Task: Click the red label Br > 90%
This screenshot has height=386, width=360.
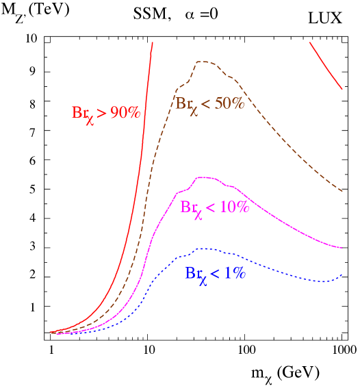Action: point(105,114)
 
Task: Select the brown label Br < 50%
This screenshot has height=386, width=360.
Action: point(209,105)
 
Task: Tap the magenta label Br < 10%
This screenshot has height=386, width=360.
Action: point(214,208)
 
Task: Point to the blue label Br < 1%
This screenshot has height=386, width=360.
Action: point(215,274)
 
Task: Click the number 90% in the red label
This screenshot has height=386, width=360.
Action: point(125,113)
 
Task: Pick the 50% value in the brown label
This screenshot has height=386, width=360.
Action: point(229,103)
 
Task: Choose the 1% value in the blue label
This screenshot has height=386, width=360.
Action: point(233,273)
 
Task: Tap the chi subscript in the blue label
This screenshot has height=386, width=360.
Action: point(203,279)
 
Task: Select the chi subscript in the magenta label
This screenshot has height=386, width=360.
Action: point(198,214)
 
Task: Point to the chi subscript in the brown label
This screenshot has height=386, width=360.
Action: point(194,110)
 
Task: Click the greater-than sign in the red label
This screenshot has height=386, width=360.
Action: point(101,114)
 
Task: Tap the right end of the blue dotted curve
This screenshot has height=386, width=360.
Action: point(342,274)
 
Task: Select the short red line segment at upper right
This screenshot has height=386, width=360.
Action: point(326,66)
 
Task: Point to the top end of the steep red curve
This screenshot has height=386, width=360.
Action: point(152,42)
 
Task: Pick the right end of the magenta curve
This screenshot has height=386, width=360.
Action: point(342,248)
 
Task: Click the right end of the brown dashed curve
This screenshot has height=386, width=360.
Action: point(342,192)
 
